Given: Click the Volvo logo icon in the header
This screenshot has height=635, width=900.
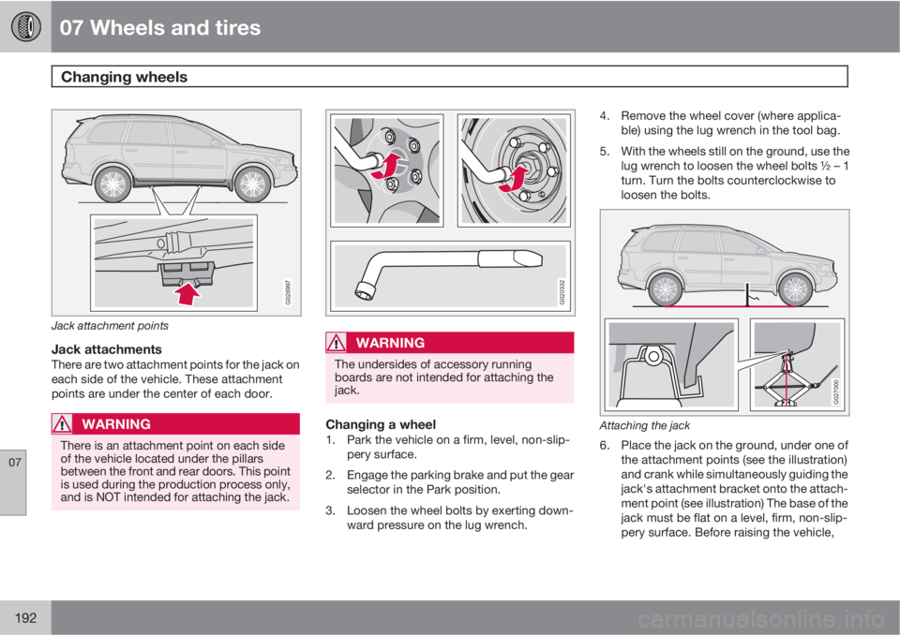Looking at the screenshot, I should (x=25, y=25).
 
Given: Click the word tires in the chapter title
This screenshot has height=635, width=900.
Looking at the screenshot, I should (x=233, y=28).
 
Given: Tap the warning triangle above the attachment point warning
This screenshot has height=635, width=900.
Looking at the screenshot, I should (x=66, y=424).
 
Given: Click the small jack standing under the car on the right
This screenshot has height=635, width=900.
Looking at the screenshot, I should (x=749, y=300).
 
